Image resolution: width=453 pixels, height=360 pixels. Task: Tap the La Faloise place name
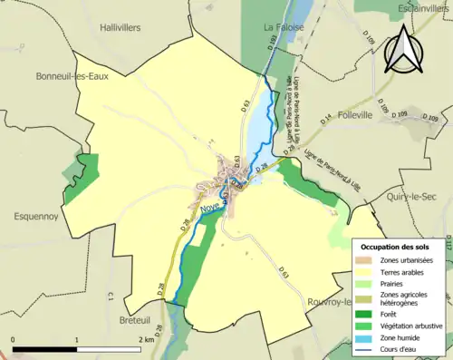[282, 28]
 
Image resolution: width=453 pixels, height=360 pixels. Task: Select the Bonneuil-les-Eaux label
[73, 76]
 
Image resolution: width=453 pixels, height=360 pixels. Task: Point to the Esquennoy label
[36, 217]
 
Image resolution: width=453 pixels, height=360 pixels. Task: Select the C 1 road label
[109, 295]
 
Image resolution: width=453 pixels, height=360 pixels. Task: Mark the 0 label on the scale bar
[13, 315]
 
